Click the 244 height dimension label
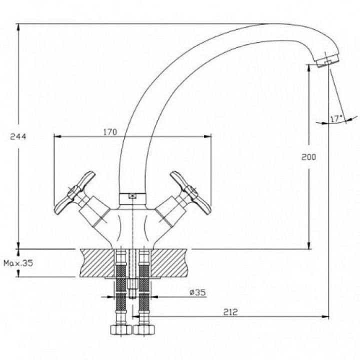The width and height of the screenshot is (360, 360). pyautogui.click(x=18, y=137)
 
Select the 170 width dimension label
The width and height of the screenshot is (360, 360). pyautogui.click(x=110, y=132)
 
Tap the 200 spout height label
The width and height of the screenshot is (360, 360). pyautogui.click(x=308, y=157)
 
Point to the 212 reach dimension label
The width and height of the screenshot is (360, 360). pyautogui.click(x=230, y=312)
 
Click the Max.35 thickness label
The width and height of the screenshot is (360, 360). pyautogui.click(x=18, y=263)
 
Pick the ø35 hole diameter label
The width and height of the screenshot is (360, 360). pyautogui.click(x=197, y=292)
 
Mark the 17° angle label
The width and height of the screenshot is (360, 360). pyautogui.click(x=336, y=119)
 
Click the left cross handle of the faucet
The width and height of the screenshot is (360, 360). pyautogui.click(x=74, y=192)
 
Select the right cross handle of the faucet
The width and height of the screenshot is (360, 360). pyautogui.click(x=190, y=192)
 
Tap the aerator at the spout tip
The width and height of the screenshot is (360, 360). pyautogui.click(x=327, y=60)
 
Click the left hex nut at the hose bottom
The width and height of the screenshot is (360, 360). pyautogui.click(x=121, y=330)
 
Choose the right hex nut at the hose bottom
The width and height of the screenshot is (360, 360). pyautogui.click(x=144, y=330)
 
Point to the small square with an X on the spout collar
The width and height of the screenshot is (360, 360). pyautogui.click(x=132, y=196)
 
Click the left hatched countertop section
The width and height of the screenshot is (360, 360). pyautogui.click(x=97, y=263)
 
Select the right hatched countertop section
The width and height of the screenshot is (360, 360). pyautogui.click(x=169, y=263)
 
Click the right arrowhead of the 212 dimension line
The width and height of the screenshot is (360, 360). pyautogui.click(x=325, y=316)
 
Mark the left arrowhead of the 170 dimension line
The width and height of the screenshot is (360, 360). pyautogui.click(x=57, y=136)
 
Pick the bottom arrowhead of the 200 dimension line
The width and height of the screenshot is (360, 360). pyautogui.click(x=309, y=245)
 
